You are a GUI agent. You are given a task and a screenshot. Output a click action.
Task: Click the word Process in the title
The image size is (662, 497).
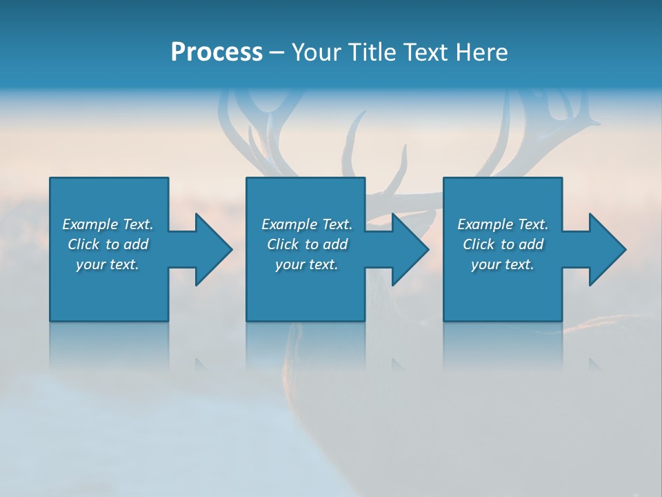(x=217, y=52)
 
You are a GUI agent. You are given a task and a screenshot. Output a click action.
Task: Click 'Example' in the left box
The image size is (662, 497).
(x=90, y=224)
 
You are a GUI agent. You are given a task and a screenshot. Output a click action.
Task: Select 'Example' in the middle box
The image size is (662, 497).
(x=289, y=224)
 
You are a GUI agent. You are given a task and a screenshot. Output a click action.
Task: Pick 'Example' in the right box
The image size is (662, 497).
(x=485, y=224)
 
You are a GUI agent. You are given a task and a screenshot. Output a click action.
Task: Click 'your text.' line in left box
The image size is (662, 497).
(x=108, y=264)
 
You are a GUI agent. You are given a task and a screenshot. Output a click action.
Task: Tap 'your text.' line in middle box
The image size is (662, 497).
(x=307, y=264)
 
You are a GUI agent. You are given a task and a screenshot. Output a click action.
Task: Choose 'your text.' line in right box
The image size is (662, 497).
(x=503, y=264)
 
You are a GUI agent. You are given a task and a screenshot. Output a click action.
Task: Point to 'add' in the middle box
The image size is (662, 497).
(x=335, y=244)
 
